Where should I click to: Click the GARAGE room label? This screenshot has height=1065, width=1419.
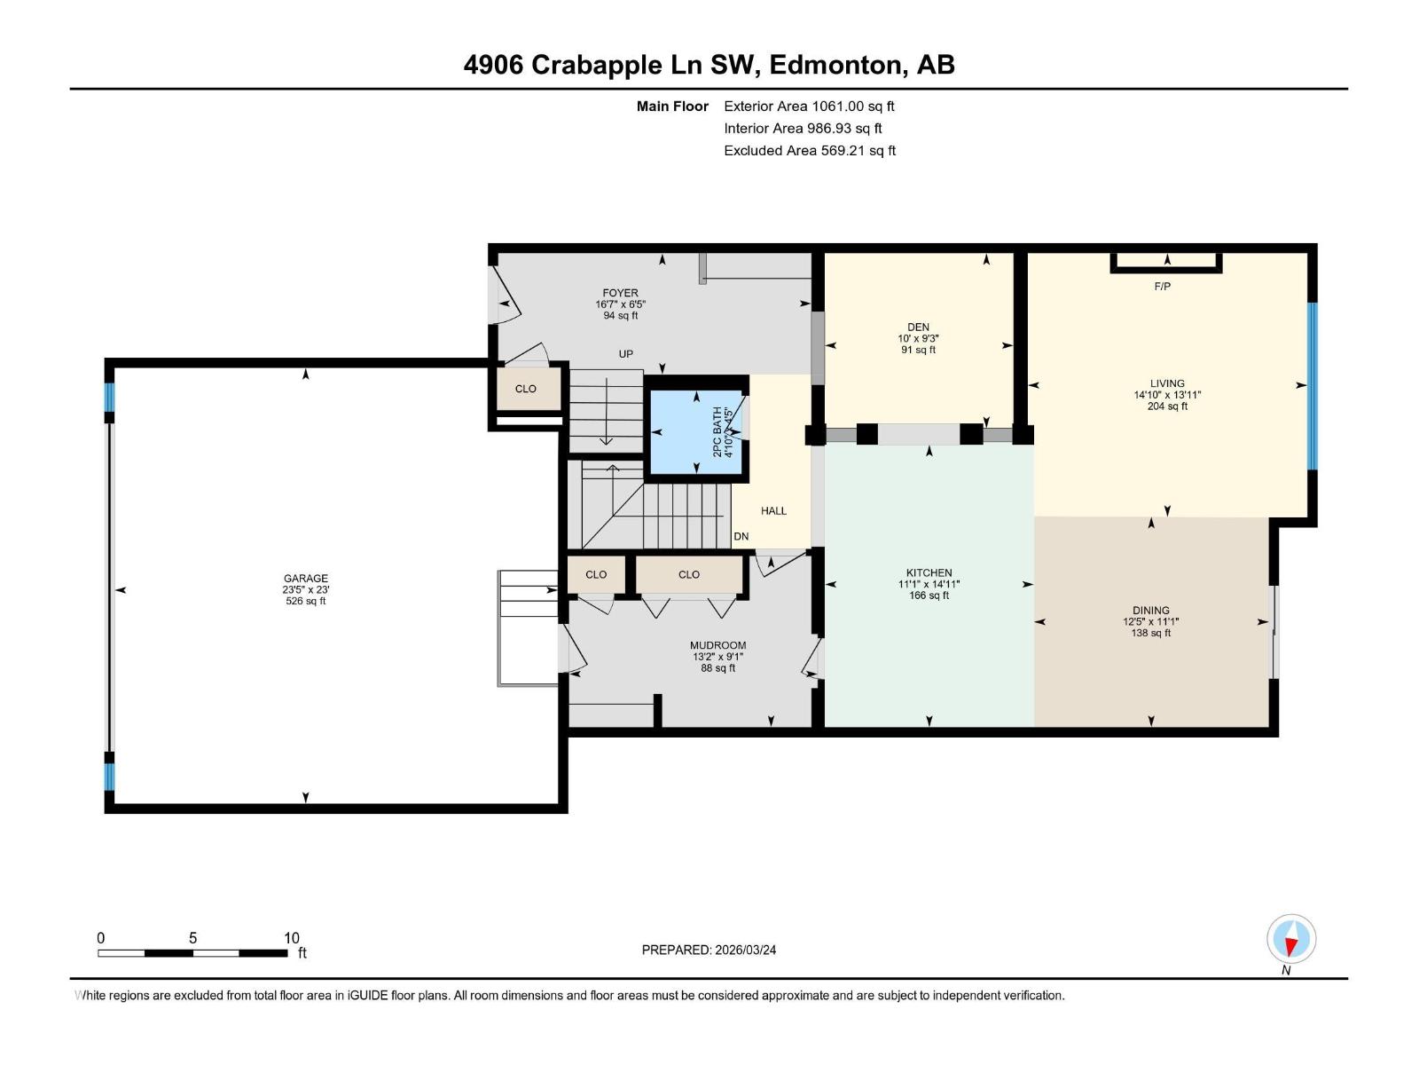(x=306, y=579)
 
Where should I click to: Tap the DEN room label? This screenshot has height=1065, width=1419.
(x=918, y=327)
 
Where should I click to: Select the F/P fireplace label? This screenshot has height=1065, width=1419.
(x=1162, y=287)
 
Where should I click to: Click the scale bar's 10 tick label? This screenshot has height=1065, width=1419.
(x=291, y=938)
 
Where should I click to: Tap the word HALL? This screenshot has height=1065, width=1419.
(x=773, y=511)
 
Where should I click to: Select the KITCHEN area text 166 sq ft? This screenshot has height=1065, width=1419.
(x=929, y=596)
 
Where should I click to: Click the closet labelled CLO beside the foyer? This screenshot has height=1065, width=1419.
(x=526, y=389)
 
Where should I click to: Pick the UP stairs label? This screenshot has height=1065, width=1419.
(x=626, y=354)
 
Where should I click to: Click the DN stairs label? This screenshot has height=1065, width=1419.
(x=741, y=537)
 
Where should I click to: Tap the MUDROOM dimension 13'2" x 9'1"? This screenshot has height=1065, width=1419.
(x=717, y=657)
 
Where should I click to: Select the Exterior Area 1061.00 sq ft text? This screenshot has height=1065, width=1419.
(x=809, y=106)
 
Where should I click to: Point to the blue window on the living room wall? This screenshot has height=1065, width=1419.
(x=1313, y=385)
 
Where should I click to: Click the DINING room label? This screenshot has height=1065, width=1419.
(x=1150, y=611)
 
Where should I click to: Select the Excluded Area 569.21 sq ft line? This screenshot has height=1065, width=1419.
(x=809, y=151)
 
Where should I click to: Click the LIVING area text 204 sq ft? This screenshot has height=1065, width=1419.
(x=1167, y=406)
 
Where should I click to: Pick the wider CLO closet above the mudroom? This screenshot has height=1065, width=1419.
(x=689, y=575)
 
